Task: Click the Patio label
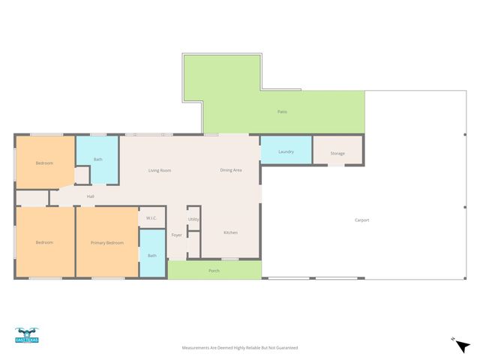click(x=282, y=112)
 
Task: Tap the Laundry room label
click(x=286, y=151)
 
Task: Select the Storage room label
click(x=337, y=154)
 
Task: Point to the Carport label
click(x=361, y=220)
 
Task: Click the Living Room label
click(x=160, y=170)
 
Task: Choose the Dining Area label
click(x=230, y=170)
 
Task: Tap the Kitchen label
click(x=231, y=232)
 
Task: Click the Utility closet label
click(x=193, y=219)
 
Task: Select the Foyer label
click(x=177, y=235)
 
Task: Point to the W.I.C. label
click(x=151, y=218)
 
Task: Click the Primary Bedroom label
click(x=107, y=243)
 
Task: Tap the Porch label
click(x=214, y=270)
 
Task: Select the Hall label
click(x=90, y=196)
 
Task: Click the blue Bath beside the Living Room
click(x=98, y=160)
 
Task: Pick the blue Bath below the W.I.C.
click(x=152, y=256)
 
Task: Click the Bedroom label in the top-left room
click(x=44, y=163)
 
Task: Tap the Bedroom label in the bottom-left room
click(x=44, y=242)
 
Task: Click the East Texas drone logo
click(x=26, y=335)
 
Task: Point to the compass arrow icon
click(x=463, y=345)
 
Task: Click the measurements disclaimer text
click(x=240, y=348)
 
